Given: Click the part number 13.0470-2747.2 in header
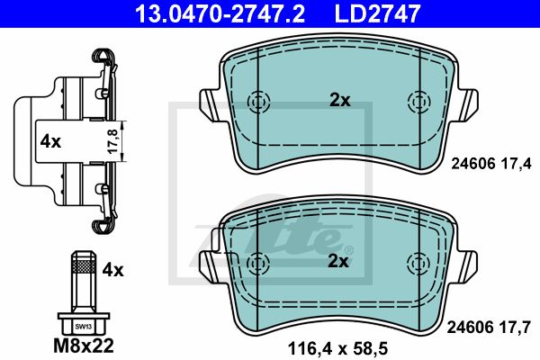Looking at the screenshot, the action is [220, 13].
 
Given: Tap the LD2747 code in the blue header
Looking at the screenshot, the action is [377, 13].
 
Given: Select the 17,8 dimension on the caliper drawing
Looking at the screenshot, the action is [113, 141].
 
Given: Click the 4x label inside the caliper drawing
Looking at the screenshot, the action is [50, 141].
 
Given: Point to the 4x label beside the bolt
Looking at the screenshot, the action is [112, 270].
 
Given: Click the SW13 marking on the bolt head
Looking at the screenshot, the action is [84, 327].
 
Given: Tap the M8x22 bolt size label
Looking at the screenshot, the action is [84, 346].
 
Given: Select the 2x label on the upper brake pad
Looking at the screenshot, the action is [340, 100].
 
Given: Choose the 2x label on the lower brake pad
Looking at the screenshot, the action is [337, 262].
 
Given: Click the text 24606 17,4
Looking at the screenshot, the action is [491, 163].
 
